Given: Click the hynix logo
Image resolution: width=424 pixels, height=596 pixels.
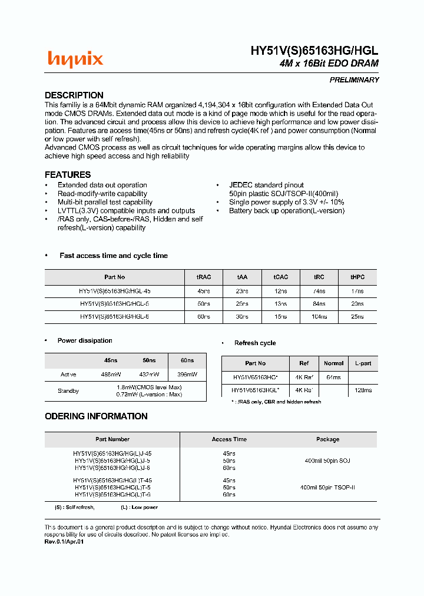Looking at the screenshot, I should [x=75, y=59].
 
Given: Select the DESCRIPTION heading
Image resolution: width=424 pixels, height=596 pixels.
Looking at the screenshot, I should [x=74, y=95].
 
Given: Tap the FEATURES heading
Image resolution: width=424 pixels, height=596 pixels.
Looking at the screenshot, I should [x=68, y=175].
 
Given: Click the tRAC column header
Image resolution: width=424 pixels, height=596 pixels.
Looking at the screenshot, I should [x=204, y=277].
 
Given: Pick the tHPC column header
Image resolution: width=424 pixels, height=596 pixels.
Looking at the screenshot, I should [x=357, y=277].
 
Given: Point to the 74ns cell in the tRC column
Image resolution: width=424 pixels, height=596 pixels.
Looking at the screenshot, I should [x=319, y=291].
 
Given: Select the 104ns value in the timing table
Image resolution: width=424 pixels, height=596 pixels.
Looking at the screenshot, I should [x=319, y=317].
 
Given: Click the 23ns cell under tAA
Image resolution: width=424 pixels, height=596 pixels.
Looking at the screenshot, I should [x=242, y=291].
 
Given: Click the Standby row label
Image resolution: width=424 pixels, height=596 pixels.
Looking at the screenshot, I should [x=68, y=390].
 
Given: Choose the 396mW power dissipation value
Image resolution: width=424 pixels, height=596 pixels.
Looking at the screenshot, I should [x=187, y=375].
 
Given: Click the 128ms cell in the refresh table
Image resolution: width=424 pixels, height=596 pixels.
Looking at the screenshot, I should [x=363, y=390].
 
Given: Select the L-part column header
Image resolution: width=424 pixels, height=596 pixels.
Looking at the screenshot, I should [x=363, y=363].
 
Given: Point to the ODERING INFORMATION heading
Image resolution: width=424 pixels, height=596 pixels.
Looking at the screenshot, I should [x=96, y=416].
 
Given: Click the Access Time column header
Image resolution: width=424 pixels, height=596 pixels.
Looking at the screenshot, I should [x=229, y=439].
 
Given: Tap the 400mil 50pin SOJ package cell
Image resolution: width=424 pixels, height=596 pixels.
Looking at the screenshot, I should [x=327, y=461].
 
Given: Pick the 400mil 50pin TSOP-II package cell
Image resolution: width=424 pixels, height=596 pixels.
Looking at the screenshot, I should [x=327, y=488].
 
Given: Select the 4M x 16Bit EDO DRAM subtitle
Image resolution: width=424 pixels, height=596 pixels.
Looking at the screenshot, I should [x=329, y=64].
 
